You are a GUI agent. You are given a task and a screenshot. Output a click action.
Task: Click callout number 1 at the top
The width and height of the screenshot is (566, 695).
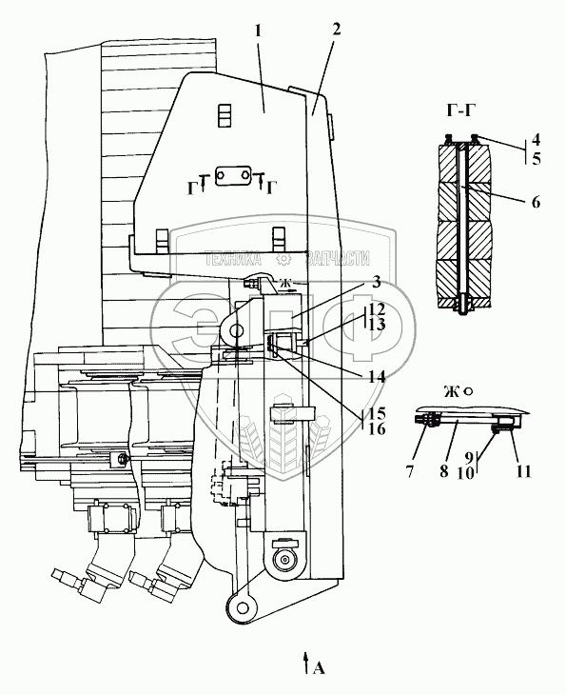coord(259,31)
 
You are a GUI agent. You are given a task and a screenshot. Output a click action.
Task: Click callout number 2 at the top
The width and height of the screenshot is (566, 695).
coord(336,30)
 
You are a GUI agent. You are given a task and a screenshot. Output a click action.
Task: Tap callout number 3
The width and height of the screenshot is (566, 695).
coord(376,282)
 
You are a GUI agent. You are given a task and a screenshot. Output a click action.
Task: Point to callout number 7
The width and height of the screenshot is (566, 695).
coord(410,471)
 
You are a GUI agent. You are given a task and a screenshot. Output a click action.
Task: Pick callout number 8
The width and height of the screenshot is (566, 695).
coord(444,470)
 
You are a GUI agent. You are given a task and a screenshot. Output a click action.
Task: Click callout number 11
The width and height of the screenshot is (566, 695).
coord(523,470)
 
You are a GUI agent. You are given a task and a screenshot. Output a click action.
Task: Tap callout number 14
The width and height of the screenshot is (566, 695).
coord(374,377)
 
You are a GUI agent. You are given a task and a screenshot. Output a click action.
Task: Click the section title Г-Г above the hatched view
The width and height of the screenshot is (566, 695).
coord(459,109)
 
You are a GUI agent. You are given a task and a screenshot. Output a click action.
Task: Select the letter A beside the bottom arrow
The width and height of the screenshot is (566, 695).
coord(319,668)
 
